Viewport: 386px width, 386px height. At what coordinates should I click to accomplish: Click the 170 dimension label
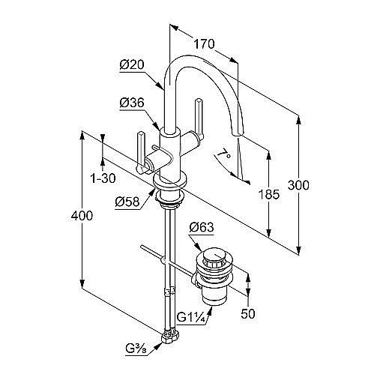point(204,44)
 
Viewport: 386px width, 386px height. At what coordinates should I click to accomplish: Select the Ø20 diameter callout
point(132,64)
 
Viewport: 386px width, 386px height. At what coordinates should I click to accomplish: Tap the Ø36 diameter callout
point(132,103)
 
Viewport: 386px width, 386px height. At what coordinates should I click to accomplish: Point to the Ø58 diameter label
point(127,202)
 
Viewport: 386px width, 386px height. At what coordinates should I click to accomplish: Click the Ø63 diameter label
point(202,227)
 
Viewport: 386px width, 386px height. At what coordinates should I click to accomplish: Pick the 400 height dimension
point(82,216)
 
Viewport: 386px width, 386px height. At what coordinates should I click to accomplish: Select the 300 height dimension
point(298,185)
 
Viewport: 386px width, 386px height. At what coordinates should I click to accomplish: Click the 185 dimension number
point(268,194)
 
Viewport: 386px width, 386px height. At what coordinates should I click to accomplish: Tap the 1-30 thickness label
point(103,178)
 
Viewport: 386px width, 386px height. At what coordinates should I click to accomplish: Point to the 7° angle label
point(224,154)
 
